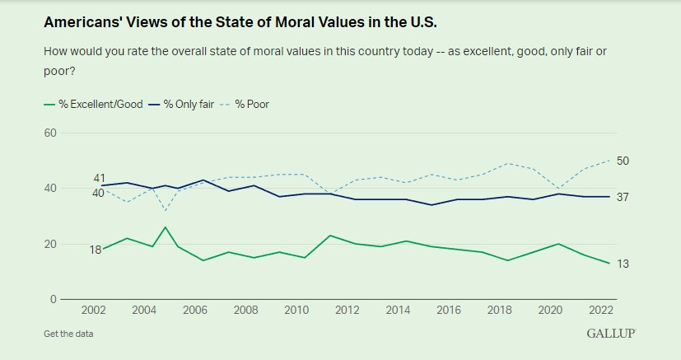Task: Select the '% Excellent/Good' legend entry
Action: (97, 105)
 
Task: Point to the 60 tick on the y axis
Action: (49, 133)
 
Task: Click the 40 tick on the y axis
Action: (49, 189)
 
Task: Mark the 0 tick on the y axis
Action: (53, 300)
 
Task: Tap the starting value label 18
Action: (95, 250)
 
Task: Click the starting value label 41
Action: (99, 178)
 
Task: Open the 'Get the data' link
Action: (68, 334)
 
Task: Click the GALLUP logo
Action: (611, 333)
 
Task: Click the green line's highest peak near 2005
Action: (166, 227)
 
